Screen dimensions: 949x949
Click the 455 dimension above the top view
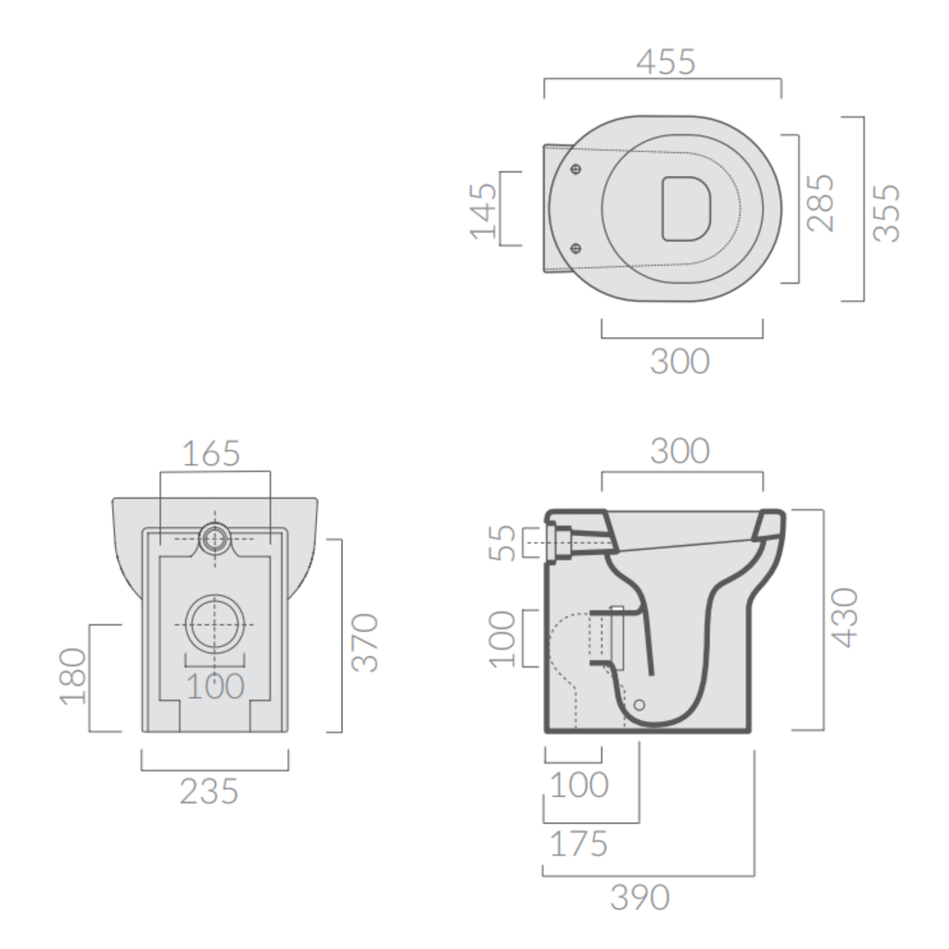pyautogui.click(x=665, y=62)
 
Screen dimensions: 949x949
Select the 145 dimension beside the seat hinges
pyautogui.click(x=484, y=210)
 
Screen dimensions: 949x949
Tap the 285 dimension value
pyautogui.click(x=821, y=203)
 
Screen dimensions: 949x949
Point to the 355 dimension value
pyautogui.click(x=887, y=212)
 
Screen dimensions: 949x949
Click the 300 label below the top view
pyautogui.click(x=679, y=361)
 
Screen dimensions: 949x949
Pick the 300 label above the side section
pyautogui.click(x=679, y=451)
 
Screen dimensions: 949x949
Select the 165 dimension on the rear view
pyautogui.click(x=210, y=453)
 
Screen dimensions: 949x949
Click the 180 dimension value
pyautogui.click(x=72, y=676)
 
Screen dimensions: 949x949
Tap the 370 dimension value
pyautogui.click(x=365, y=642)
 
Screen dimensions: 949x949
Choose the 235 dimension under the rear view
pyautogui.click(x=209, y=791)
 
